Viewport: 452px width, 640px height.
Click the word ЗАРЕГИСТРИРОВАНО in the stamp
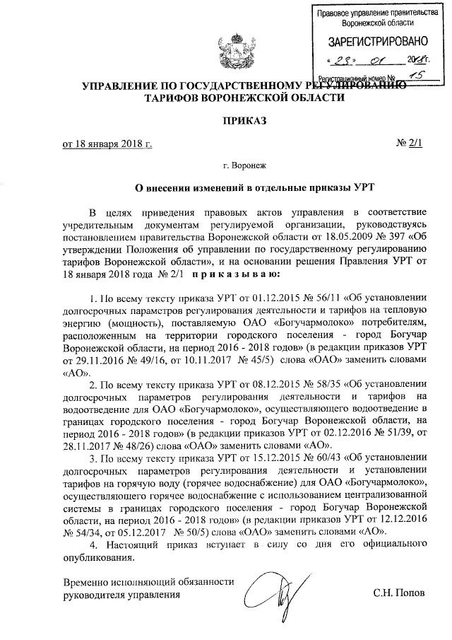coord(372,40)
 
